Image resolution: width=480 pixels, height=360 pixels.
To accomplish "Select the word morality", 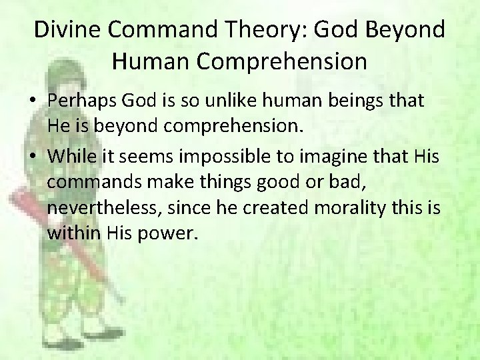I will click(347, 207).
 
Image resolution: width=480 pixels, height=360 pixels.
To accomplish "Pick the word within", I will click(73, 234).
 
